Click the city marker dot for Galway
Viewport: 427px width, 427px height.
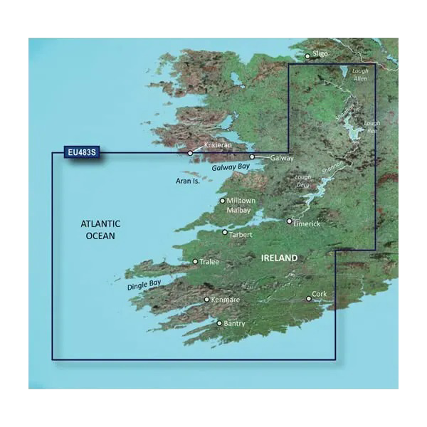click(252, 157)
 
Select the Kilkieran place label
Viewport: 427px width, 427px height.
click(217, 145)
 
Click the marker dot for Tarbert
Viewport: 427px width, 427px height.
click(225, 232)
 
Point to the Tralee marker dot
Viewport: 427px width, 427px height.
click(196, 262)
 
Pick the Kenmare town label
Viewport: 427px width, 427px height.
click(226, 300)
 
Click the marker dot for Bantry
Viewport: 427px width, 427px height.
click(219, 323)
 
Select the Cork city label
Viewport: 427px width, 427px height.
click(320, 294)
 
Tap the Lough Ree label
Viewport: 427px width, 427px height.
click(372, 127)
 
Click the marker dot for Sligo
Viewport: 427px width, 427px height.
click(307, 56)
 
